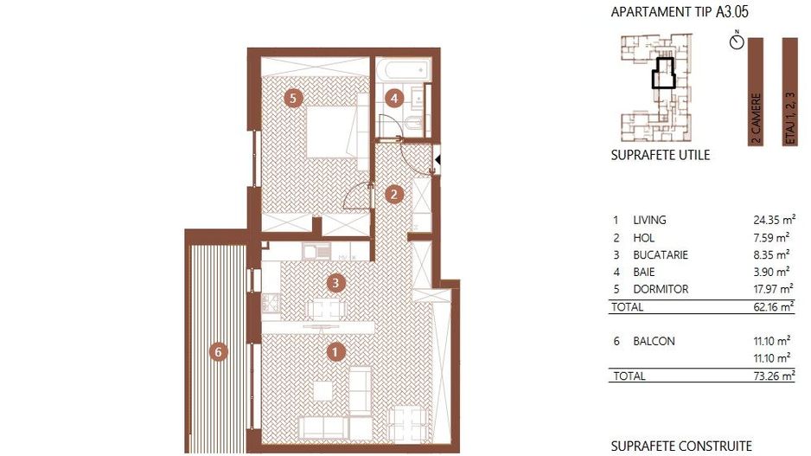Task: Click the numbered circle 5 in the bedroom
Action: (293, 99)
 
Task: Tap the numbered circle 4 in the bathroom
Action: (394, 98)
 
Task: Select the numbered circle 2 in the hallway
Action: (393, 194)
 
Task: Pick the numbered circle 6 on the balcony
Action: (219, 351)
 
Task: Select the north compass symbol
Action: (737, 42)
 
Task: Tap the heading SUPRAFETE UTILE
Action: (661, 156)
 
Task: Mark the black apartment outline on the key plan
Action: (663, 74)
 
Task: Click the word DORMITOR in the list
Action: (661, 289)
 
